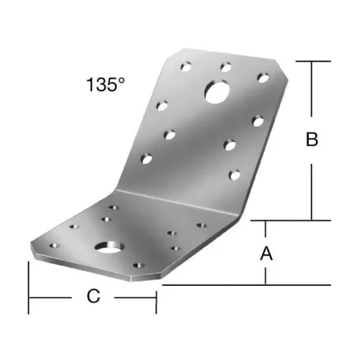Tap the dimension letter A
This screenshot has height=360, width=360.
pyautogui.click(x=266, y=254)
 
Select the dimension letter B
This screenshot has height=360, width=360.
pyautogui.click(x=312, y=140)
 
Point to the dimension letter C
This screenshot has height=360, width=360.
pyautogui.click(x=93, y=296)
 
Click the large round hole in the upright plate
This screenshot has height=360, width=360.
pyautogui.click(x=216, y=93)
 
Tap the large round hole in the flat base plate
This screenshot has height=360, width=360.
pyautogui.click(x=105, y=250)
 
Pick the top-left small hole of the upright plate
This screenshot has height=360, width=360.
pyautogui.click(x=187, y=61)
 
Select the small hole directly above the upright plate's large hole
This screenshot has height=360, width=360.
pyautogui.click(x=226, y=66)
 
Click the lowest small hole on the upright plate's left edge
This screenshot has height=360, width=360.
pyautogui.click(x=147, y=160)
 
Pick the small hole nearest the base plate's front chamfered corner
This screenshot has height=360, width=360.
pyautogui.click(x=139, y=266)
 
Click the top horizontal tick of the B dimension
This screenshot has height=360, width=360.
pyautogui.click(x=312, y=61)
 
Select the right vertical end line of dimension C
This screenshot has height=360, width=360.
pyautogui.click(x=156, y=296)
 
